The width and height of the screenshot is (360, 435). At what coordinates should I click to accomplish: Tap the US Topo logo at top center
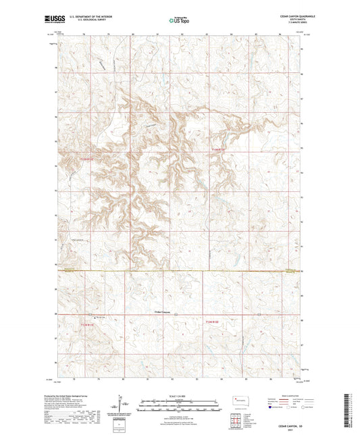(x=178, y=20)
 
